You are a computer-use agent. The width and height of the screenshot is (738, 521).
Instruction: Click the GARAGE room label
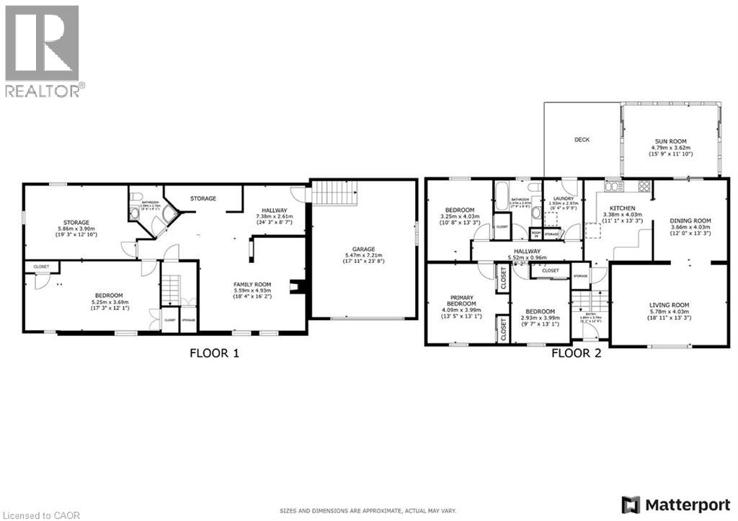[363, 249]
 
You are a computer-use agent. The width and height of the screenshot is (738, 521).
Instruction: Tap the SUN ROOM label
[670, 141]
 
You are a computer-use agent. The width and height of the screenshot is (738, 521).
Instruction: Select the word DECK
[582, 140]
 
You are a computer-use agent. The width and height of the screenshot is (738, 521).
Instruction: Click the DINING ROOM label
[690, 221]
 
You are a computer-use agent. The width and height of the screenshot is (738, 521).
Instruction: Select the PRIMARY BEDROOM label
[461, 301]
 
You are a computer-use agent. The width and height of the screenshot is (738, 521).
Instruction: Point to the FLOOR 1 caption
[214, 353]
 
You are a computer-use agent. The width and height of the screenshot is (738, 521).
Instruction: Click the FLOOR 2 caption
[576, 353]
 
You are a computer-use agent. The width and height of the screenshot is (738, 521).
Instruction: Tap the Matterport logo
[675, 503]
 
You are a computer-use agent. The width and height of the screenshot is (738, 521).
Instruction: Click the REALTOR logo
[43, 50]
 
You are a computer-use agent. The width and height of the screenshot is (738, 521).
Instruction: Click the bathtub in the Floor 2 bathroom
[502, 197]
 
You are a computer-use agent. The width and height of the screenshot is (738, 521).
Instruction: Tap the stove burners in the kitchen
[643, 187]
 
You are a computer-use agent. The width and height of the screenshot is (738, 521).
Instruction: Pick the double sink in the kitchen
[613, 187]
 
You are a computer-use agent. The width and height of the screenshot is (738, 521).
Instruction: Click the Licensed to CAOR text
[41, 515]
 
